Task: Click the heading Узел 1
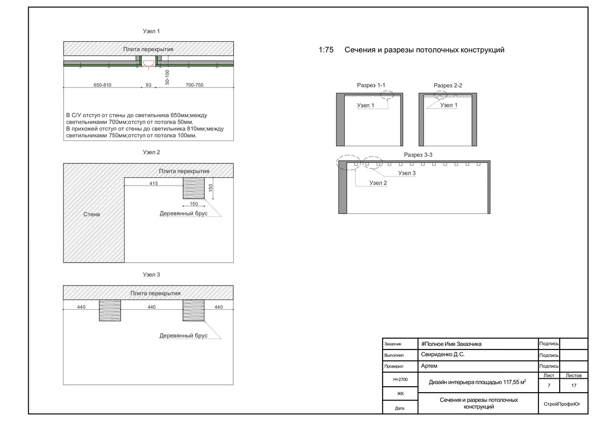click(x=151, y=31)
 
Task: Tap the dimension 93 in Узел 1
click(x=148, y=85)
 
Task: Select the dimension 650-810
click(x=102, y=85)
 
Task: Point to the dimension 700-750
click(x=194, y=85)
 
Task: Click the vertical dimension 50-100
click(x=167, y=77)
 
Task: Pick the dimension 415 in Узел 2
click(x=153, y=184)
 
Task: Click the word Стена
click(x=91, y=214)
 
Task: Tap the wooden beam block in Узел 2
click(x=194, y=189)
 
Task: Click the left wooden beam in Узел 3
click(x=110, y=310)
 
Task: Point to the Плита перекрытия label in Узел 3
click(x=155, y=293)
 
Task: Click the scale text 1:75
click(x=326, y=50)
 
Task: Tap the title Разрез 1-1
click(x=371, y=85)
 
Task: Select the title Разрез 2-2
click(x=448, y=85)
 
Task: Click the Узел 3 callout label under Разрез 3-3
click(x=407, y=173)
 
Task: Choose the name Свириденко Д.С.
click(x=443, y=355)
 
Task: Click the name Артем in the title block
click(x=429, y=366)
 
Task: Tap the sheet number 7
click(x=549, y=385)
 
